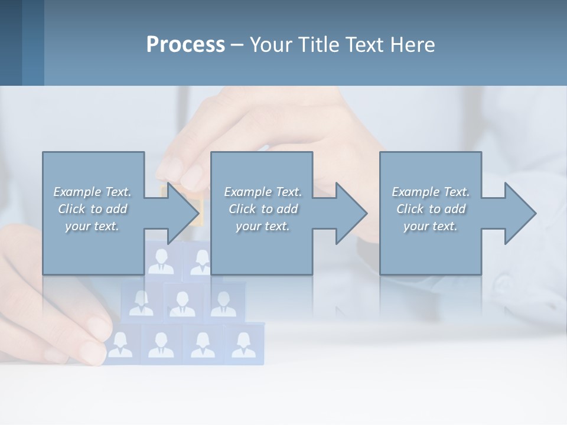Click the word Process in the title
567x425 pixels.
point(185,45)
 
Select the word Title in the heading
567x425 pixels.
point(317,45)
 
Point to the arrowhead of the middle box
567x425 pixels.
point(350,213)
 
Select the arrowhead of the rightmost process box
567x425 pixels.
point(519,213)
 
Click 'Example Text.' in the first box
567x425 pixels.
point(92,192)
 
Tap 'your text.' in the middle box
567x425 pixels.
point(262,226)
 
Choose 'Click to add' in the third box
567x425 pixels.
point(431,209)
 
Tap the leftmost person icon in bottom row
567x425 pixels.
point(120,345)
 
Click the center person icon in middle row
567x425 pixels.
point(182,303)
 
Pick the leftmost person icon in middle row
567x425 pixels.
point(141,303)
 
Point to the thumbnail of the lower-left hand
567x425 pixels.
point(94,348)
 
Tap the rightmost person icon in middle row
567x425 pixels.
point(223,303)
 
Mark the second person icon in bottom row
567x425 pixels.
point(161,345)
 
